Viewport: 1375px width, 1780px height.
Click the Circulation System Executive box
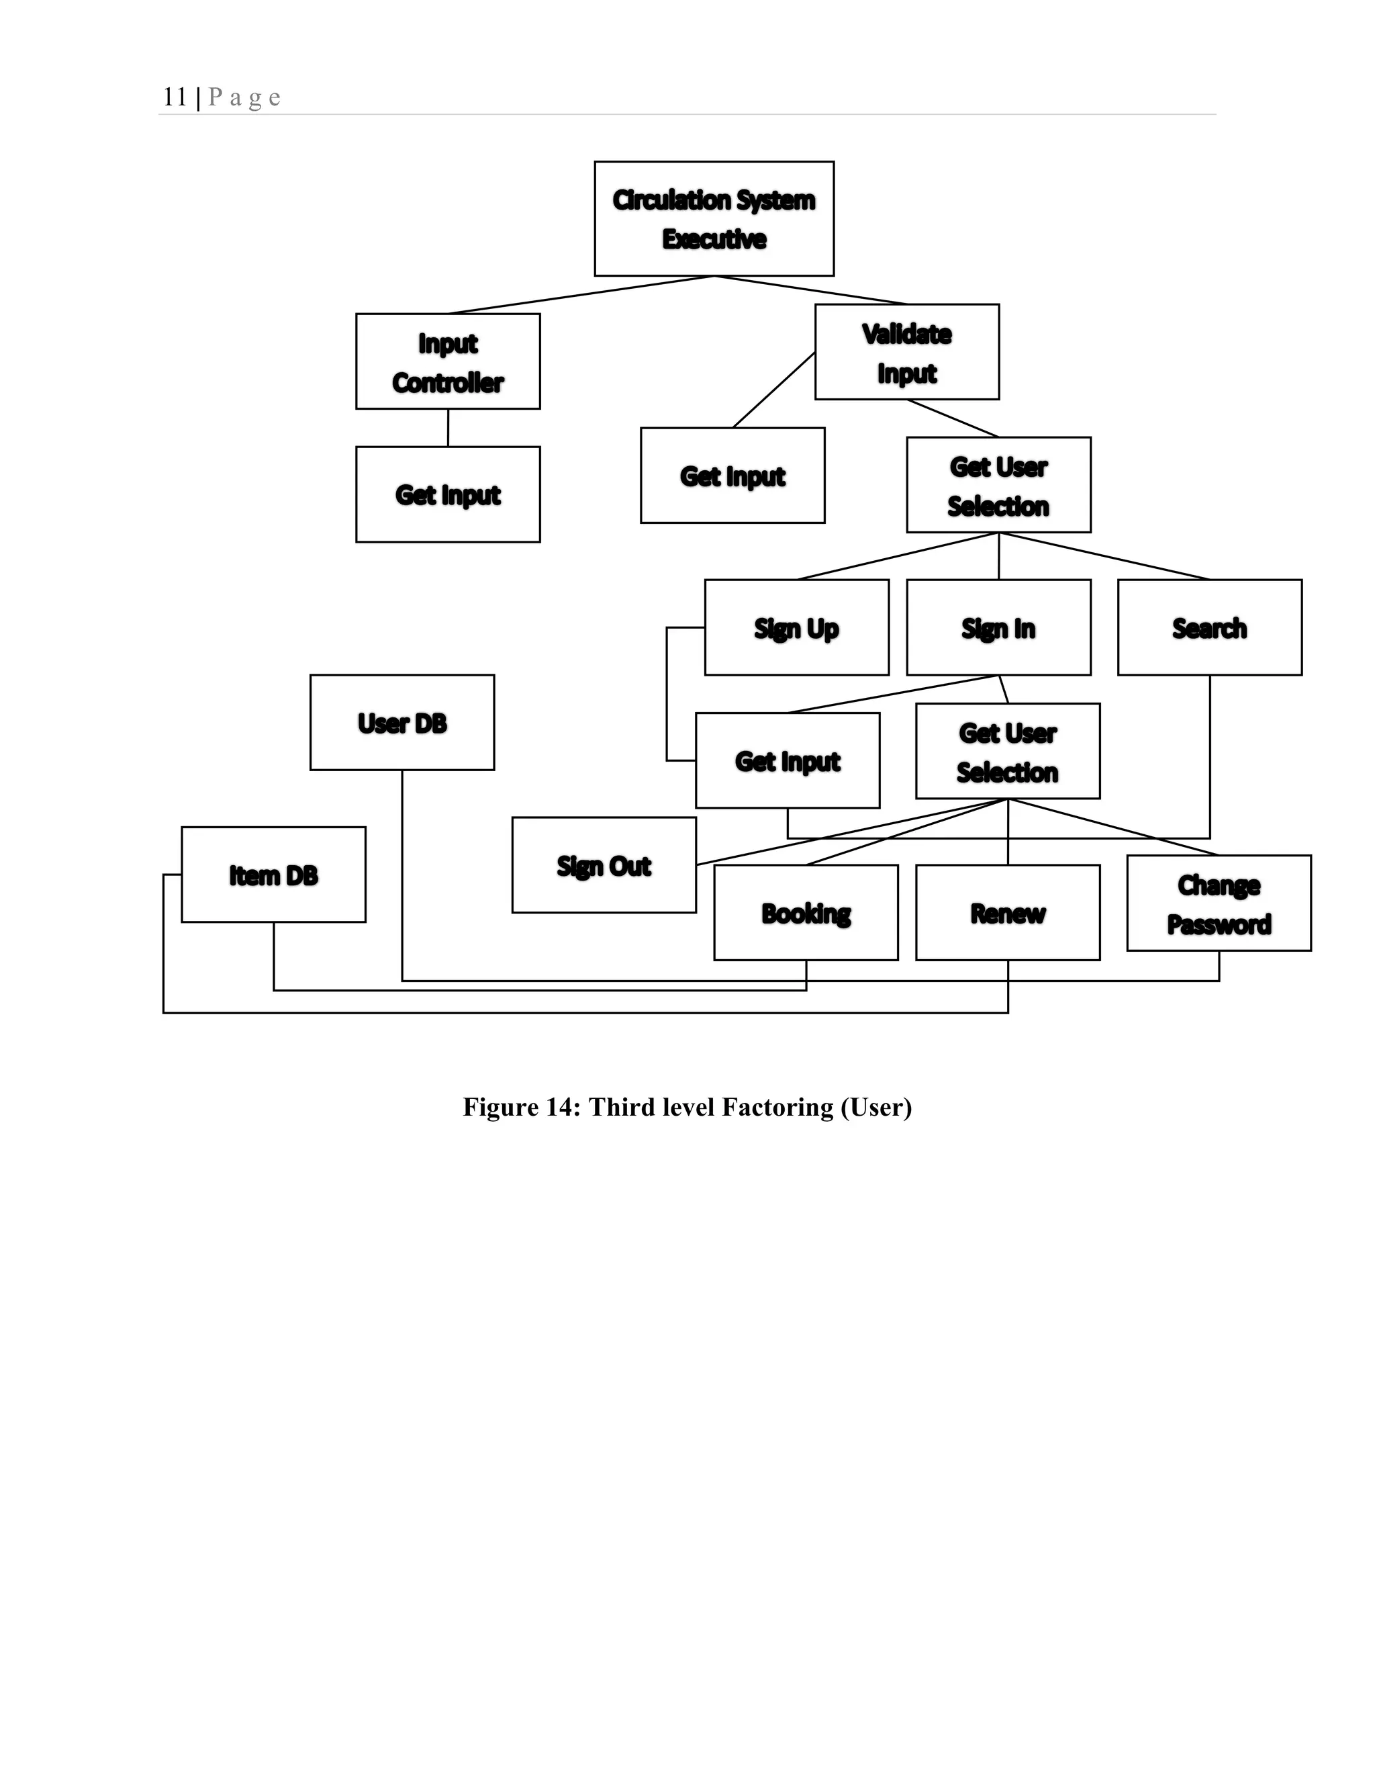pyautogui.click(x=714, y=218)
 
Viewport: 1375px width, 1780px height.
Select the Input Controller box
pyautogui.click(x=447, y=361)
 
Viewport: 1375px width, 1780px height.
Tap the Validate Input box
pyautogui.click(x=906, y=352)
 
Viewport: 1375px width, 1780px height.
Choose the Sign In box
pyautogui.click(x=998, y=627)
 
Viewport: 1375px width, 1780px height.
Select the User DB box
pyautogui.click(x=401, y=722)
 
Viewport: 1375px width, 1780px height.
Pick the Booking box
pyautogui.click(x=806, y=913)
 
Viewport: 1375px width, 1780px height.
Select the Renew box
pyautogui.click(x=1008, y=913)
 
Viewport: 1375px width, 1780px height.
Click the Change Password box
pyautogui.click(x=1219, y=903)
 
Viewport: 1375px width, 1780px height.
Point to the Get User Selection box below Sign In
pyautogui.click(x=1008, y=752)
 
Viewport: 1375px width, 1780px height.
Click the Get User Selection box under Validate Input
pyautogui.click(x=998, y=485)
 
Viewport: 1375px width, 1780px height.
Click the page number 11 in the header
pyautogui.click(x=175, y=97)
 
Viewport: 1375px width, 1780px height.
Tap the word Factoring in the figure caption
pyautogui.click(x=778, y=1107)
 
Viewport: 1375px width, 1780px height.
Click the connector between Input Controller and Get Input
pyautogui.click(x=448, y=428)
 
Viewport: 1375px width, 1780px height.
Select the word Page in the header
pyautogui.click(x=244, y=98)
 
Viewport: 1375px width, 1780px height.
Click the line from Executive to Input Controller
pyautogui.click(x=581, y=295)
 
